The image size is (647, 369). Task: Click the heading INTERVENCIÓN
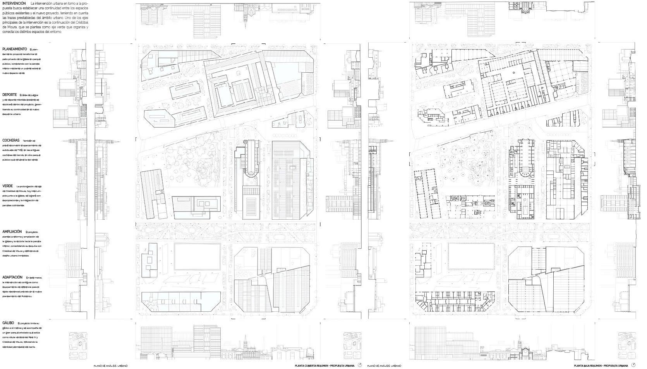click(14, 3)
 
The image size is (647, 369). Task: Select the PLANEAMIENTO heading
click(14, 49)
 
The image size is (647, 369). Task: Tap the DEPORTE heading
click(9, 95)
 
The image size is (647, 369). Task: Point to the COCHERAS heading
click(11, 140)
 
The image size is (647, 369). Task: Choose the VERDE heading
click(8, 186)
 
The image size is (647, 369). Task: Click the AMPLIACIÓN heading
click(12, 232)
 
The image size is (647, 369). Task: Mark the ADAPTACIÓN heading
click(12, 277)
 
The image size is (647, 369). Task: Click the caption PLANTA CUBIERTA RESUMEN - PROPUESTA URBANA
click(324, 366)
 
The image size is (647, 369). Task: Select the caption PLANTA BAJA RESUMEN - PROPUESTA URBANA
click(601, 366)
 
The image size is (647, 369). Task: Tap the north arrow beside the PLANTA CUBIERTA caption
click(360, 365)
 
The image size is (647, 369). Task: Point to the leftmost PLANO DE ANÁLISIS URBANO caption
click(110, 366)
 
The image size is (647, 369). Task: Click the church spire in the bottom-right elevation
click(519, 343)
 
